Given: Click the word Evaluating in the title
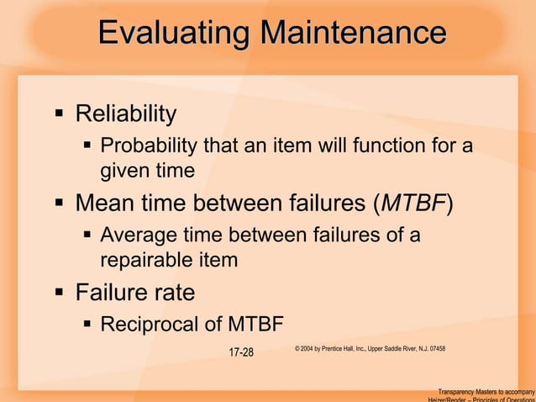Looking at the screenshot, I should pyautogui.click(x=174, y=34).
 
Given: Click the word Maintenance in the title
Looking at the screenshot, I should pyautogui.click(x=352, y=34).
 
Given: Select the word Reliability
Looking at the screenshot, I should pyautogui.click(x=126, y=113).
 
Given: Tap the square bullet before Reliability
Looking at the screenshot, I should pyautogui.click(x=59, y=113).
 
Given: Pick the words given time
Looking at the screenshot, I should pyautogui.click(x=147, y=171).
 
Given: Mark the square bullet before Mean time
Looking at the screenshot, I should pyautogui.click(x=59, y=204).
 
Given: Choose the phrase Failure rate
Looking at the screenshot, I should pyautogui.click(x=135, y=294).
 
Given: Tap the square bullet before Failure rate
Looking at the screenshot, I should pyautogui.click(x=59, y=294).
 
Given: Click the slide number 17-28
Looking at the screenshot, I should pyautogui.click(x=241, y=351).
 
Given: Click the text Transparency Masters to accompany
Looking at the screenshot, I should pyautogui.click(x=486, y=392).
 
